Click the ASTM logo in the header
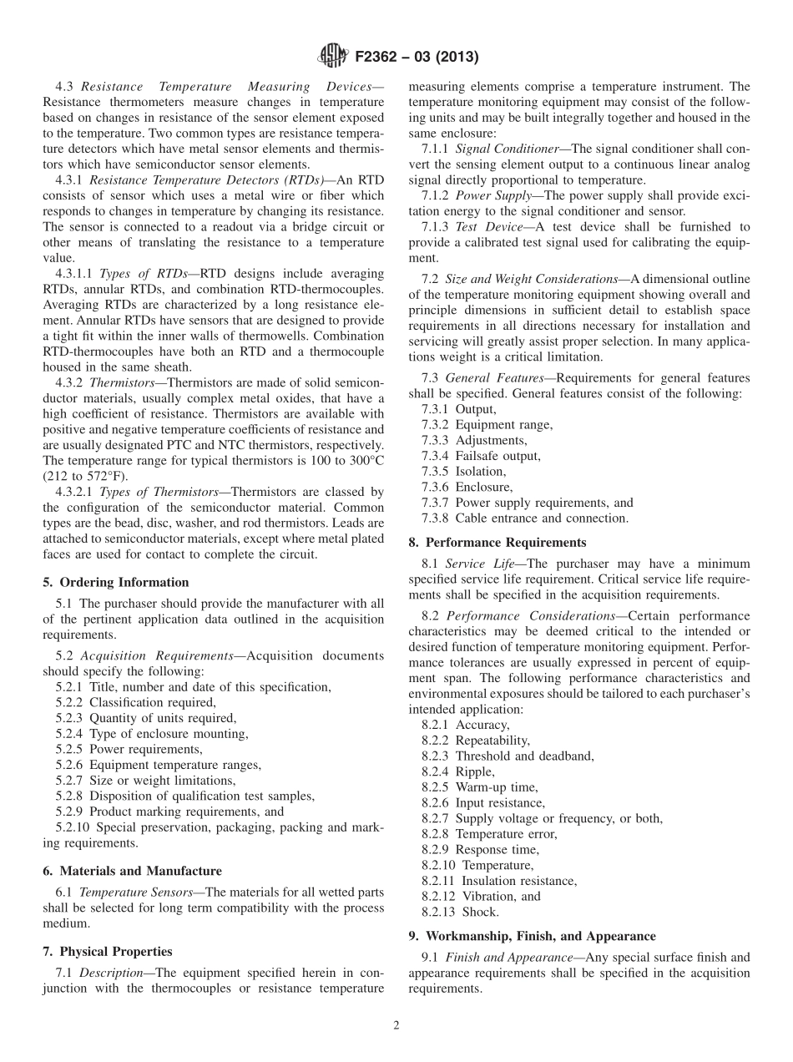click(x=332, y=57)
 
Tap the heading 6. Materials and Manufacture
click(x=132, y=871)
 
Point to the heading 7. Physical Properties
click(x=108, y=951)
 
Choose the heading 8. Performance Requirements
click(x=498, y=543)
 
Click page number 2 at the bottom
click(x=396, y=1026)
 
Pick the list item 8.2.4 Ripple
click(x=458, y=771)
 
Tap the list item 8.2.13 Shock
click(x=460, y=912)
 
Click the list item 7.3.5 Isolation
click(x=463, y=471)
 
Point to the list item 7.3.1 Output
click(x=459, y=409)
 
